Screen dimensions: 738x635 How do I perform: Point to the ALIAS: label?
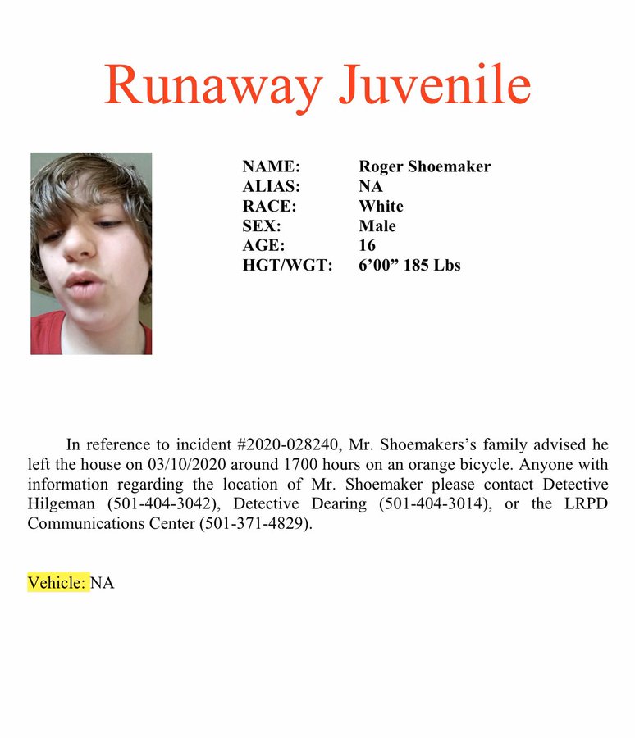click(272, 186)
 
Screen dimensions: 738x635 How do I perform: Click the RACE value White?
click(381, 206)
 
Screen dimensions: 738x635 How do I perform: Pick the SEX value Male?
click(377, 225)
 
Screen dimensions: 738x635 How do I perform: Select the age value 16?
click(367, 245)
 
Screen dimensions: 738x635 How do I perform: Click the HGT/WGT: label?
click(287, 265)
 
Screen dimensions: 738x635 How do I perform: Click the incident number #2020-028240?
click(288, 445)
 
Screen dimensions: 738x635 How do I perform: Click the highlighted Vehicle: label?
click(57, 582)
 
